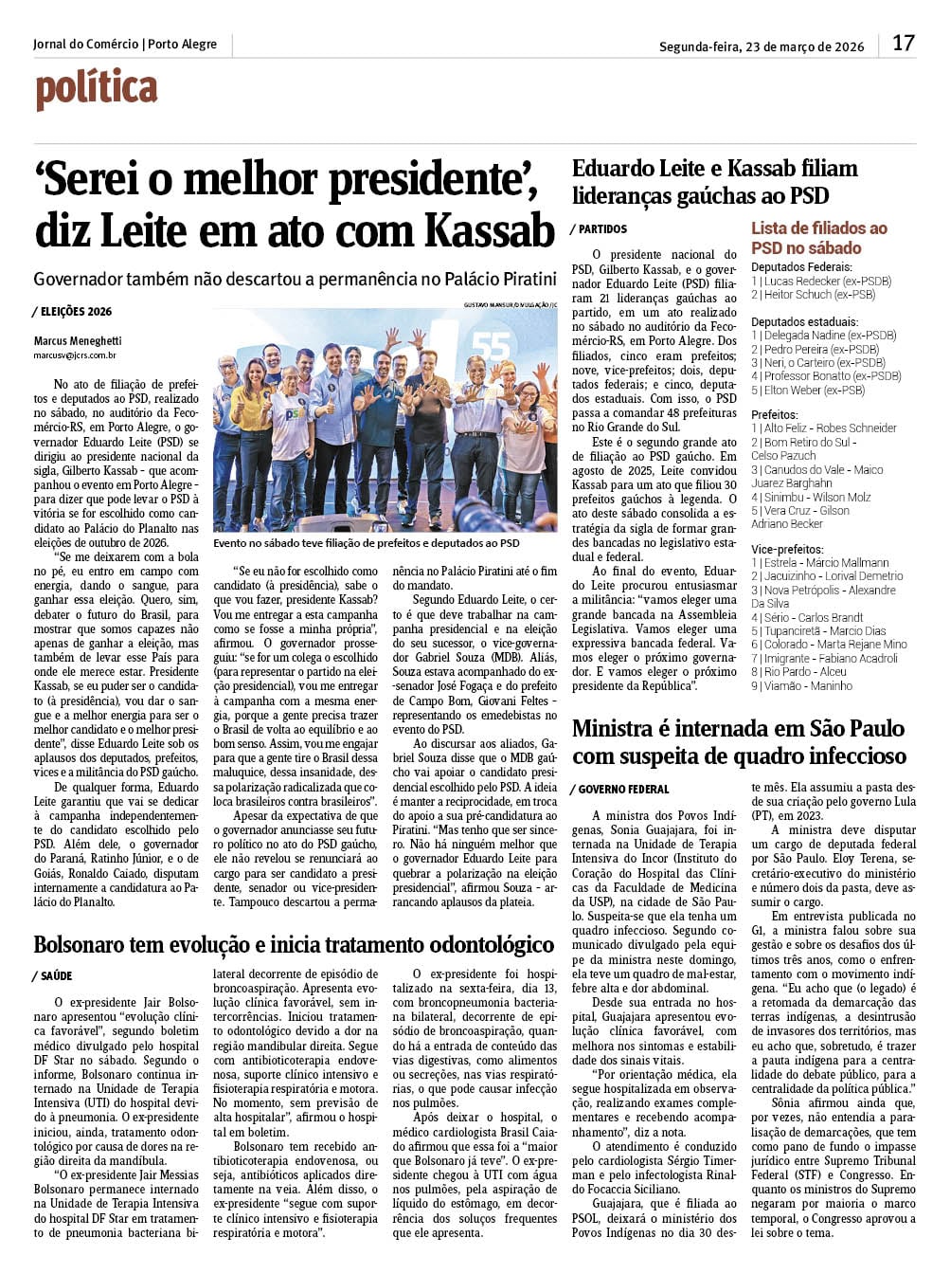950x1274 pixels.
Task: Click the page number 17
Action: pyautogui.click(x=904, y=43)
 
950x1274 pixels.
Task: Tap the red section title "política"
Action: pyautogui.click(x=97, y=89)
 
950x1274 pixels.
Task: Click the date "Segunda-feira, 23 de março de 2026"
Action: pyautogui.click(x=762, y=46)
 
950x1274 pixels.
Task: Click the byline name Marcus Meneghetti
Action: pyautogui.click(x=78, y=340)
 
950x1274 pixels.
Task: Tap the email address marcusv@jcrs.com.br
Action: pyautogui.click(x=75, y=355)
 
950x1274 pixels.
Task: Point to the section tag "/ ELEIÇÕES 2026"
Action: pyautogui.click(x=72, y=311)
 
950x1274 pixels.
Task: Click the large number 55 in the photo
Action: pyautogui.click(x=491, y=347)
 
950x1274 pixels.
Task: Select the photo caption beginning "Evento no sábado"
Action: pyautogui.click(x=366, y=543)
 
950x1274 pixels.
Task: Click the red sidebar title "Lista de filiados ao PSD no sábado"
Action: pyautogui.click(x=818, y=238)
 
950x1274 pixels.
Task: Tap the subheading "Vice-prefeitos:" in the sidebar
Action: pyautogui.click(x=787, y=549)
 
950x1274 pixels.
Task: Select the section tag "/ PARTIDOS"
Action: pyautogui.click(x=599, y=229)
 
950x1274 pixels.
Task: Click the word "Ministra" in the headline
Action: pyautogui.click(x=613, y=729)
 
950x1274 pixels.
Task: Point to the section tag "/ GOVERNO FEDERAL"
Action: pyautogui.click(x=619, y=790)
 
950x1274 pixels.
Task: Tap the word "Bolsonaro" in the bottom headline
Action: pyautogui.click(x=87, y=945)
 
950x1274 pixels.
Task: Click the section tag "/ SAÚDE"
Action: pyautogui.click(x=53, y=975)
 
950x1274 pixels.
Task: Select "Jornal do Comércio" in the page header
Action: pyautogui.click(x=85, y=45)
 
